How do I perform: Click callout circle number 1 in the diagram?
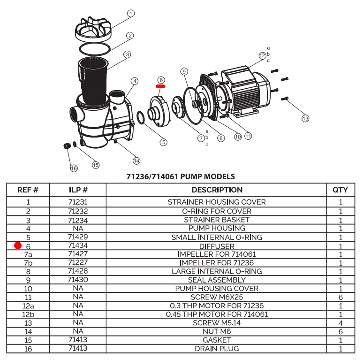[131, 13]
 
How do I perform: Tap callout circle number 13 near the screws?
[305, 119]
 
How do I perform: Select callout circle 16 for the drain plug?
[74, 168]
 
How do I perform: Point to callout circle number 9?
[184, 71]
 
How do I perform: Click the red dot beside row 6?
[18, 245]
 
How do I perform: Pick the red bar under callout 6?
[161, 86]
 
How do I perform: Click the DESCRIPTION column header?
[217, 190]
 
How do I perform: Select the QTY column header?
[340, 190]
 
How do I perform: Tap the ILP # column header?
[78, 190]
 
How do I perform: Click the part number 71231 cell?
[78, 202]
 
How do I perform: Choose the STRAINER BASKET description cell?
[217, 220]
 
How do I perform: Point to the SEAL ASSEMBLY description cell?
[217, 280]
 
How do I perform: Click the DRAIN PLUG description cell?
[217, 349]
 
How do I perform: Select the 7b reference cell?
[28, 263]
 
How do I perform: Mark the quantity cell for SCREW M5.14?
[340, 323]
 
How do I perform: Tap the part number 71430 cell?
[78, 280]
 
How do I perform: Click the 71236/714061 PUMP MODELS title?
[181, 177]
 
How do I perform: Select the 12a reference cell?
[28, 306]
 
